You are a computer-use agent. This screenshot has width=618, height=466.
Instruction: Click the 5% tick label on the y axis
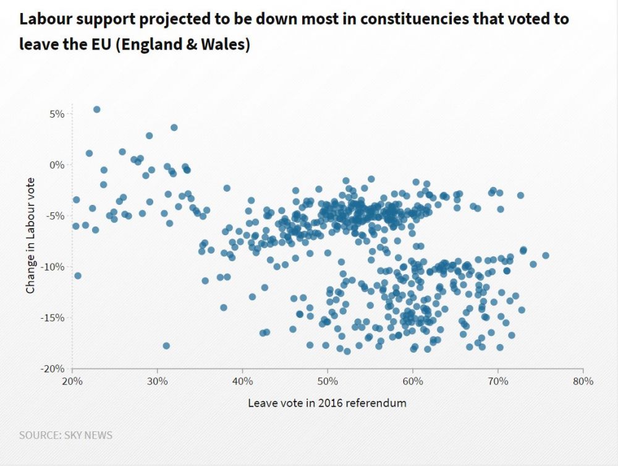click(x=57, y=114)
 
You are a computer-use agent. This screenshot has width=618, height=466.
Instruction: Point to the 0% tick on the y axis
click(x=57, y=165)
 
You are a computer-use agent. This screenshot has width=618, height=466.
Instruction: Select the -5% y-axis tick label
click(x=56, y=216)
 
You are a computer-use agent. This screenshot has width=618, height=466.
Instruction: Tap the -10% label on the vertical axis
click(x=53, y=267)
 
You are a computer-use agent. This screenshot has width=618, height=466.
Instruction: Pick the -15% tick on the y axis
click(x=53, y=317)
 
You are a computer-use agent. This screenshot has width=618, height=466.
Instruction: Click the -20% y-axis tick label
click(x=53, y=369)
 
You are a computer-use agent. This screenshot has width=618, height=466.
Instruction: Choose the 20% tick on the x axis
click(x=72, y=381)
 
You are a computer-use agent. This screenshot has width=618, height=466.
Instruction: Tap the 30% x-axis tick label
click(x=158, y=381)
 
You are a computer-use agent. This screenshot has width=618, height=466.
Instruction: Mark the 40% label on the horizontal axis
click(x=243, y=381)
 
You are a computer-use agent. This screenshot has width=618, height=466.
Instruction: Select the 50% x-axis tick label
click(x=328, y=381)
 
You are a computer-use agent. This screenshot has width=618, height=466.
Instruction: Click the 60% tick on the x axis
click(x=413, y=381)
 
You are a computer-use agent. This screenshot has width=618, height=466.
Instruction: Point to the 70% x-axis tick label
click(x=498, y=381)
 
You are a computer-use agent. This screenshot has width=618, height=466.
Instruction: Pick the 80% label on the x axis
click(x=583, y=381)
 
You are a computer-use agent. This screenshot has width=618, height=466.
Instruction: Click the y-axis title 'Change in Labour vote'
click(x=30, y=235)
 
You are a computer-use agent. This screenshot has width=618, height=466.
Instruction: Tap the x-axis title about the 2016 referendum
click(x=327, y=403)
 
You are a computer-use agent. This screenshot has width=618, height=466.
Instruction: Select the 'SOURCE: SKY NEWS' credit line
click(x=66, y=435)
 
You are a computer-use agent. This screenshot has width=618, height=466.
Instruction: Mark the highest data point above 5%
click(x=96, y=110)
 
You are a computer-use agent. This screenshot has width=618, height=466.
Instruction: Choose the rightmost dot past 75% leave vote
click(x=545, y=256)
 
